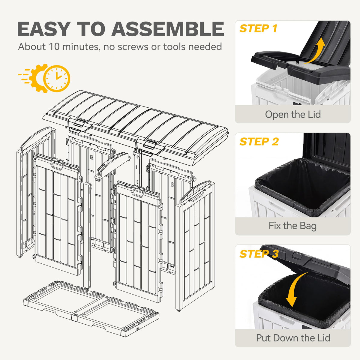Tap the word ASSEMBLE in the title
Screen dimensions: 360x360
(168, 29)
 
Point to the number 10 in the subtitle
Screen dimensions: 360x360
(54, 47)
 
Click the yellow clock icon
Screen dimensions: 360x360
(57, 79)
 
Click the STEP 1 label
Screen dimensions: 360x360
(258, 28)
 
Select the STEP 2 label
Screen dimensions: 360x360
(259, 141)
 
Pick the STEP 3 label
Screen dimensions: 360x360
(259, 253)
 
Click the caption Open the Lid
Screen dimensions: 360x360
(293, 114)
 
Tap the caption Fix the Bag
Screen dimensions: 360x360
(292, 226)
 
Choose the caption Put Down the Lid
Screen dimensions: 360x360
(293, 338)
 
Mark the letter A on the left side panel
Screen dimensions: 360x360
(34, 154)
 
